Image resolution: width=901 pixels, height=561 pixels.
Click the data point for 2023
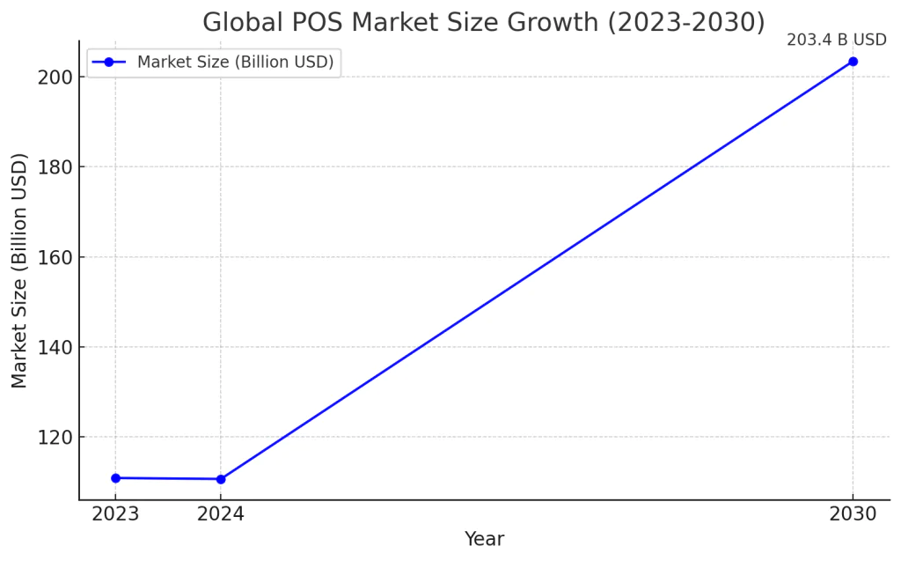point(115,478)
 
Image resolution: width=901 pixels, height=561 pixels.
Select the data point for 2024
point(221,479)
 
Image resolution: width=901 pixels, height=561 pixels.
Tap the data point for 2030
point(853,62)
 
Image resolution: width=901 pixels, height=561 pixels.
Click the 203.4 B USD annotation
point(836,41)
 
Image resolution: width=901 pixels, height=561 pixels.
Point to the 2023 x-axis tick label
point(115,514)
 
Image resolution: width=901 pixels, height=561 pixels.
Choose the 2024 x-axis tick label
point(221,514)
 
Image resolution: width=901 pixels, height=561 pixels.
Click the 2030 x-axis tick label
point(853,514)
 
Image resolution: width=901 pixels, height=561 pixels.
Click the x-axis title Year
point(484,539)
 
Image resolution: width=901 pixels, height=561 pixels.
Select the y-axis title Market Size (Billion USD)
point(19,270)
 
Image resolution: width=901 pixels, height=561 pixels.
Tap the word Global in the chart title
point(235,22)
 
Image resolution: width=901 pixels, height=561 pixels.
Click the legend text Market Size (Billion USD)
point(235,62)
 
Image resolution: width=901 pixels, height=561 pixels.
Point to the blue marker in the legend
point(109,62)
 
